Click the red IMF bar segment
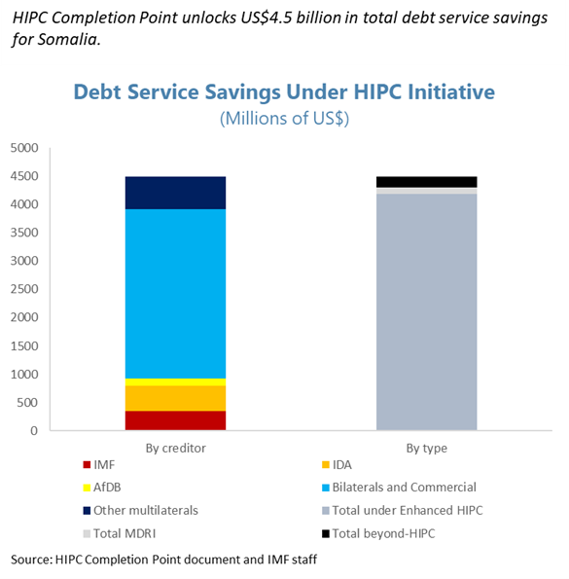click(176, 419)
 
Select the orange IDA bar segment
click(176, 397)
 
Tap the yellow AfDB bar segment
click(176, 381)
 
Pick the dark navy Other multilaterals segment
click(176, 193)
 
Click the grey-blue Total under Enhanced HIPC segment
click(426, 311)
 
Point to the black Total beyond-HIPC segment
click(426, 181)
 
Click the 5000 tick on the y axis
click(24, 148)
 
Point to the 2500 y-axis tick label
click(24, 289)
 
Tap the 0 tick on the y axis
click(34, 430)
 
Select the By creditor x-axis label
click(175, 448)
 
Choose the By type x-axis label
click(426, 448)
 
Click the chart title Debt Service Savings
click(284, 92)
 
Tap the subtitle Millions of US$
click(284, 119)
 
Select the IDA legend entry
click(342, 466)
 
